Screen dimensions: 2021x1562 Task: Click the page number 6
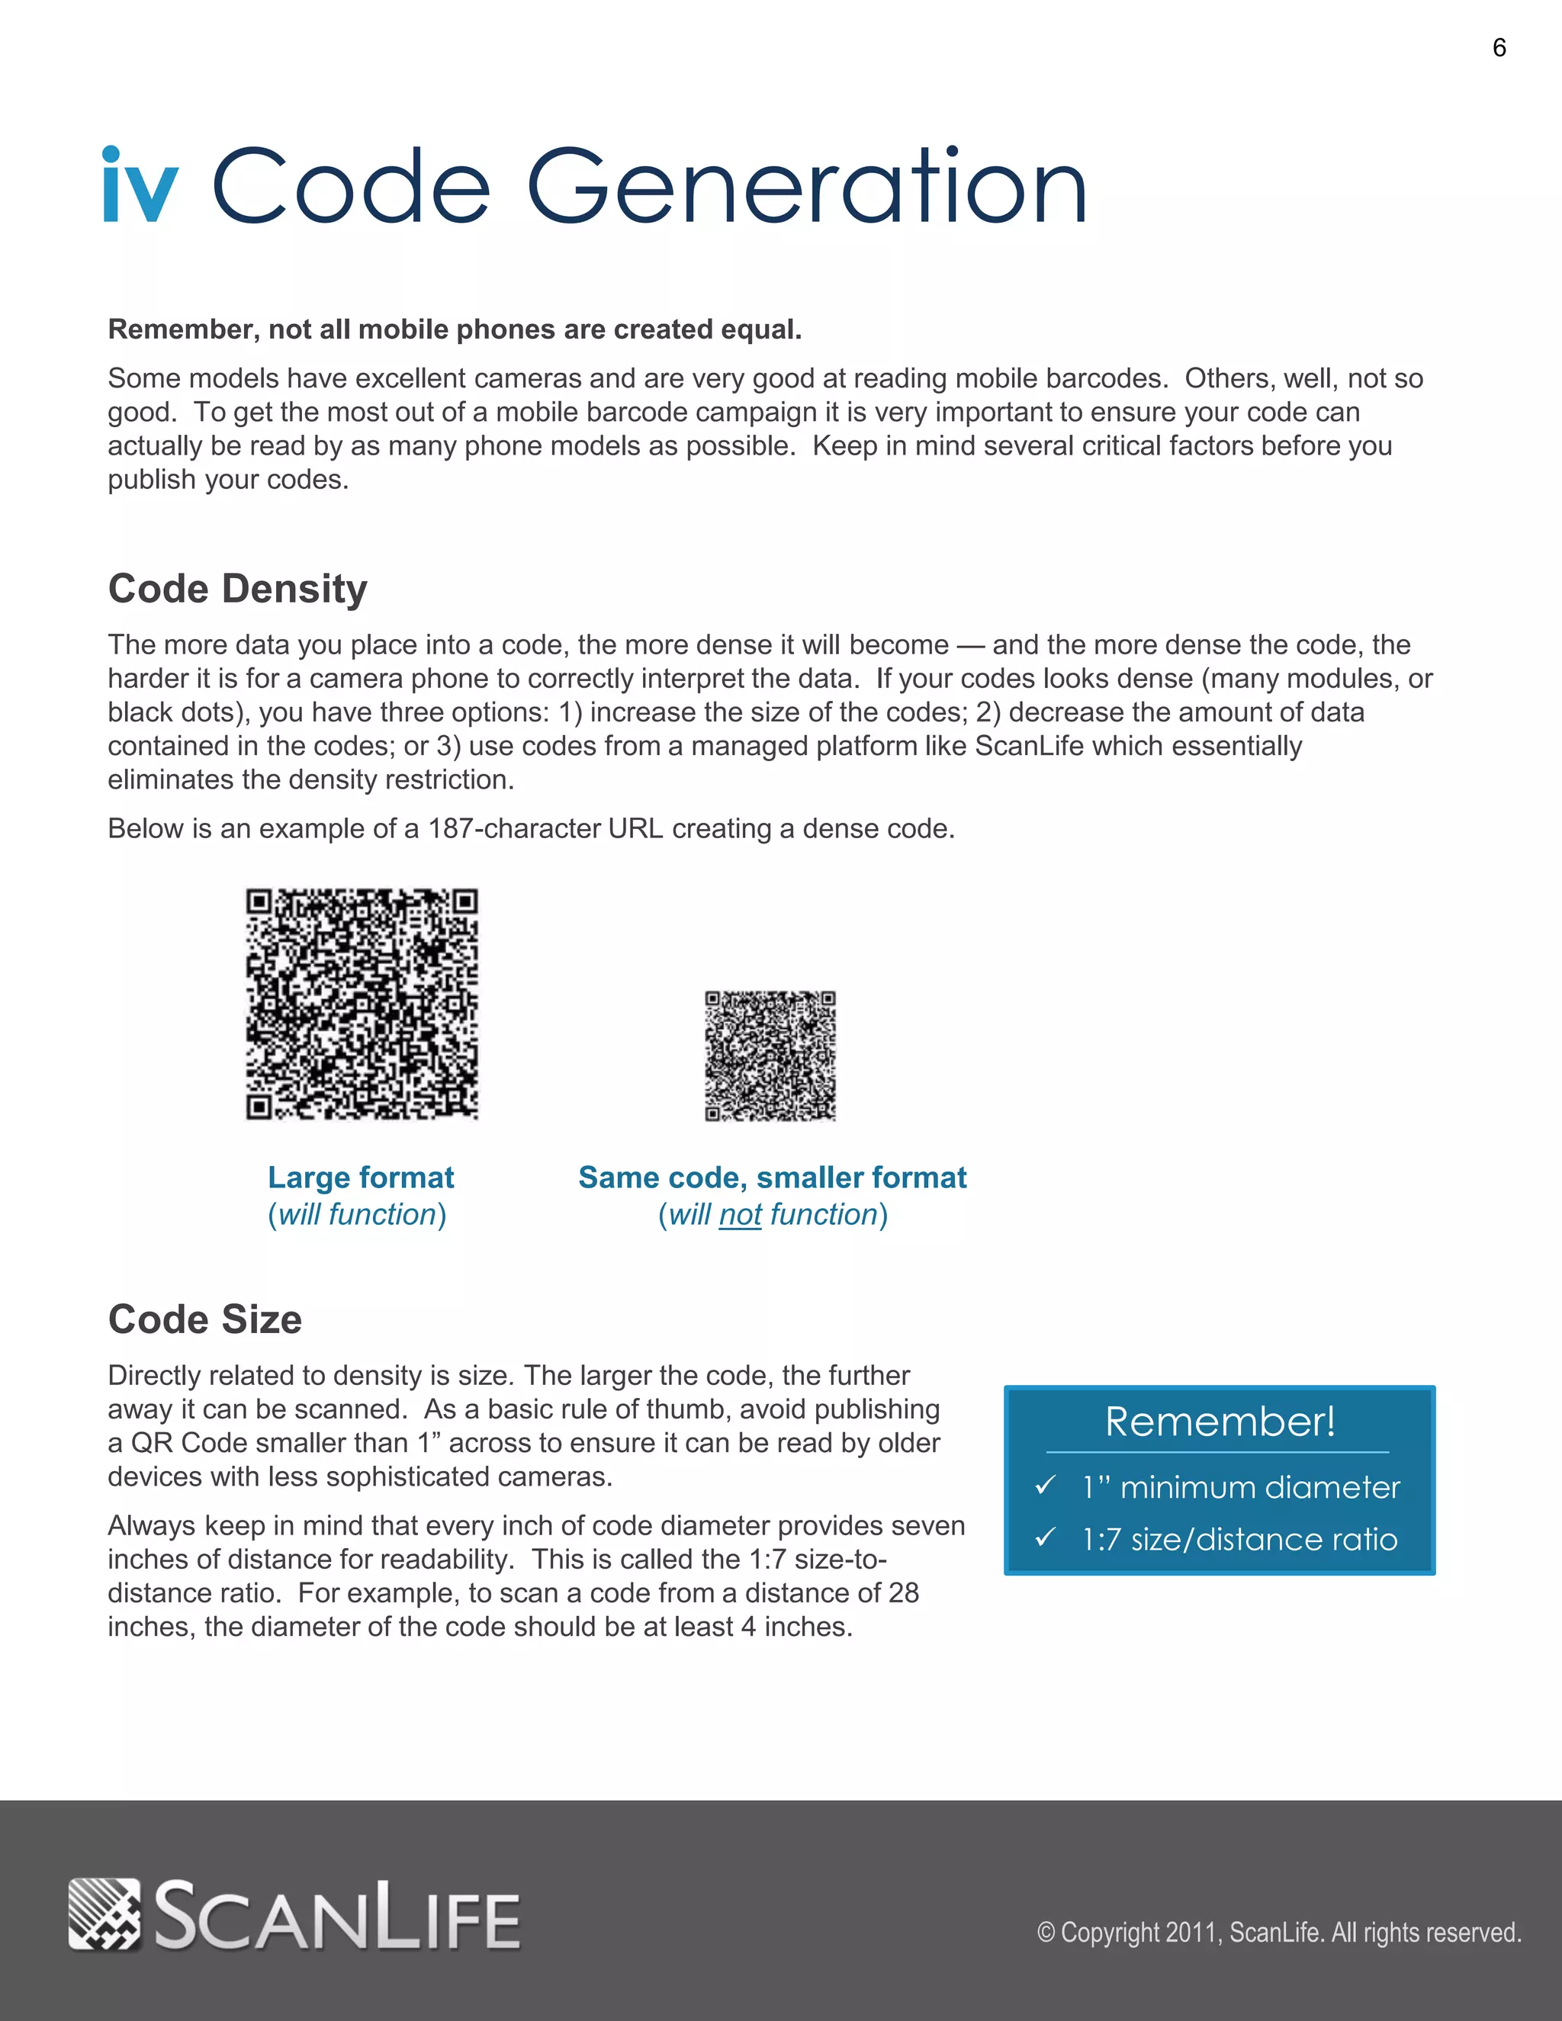1499,48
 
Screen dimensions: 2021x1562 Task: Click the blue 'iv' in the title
140,186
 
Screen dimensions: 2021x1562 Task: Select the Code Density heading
238,589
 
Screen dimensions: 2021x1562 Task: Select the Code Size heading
204,1319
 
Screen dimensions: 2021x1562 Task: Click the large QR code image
362,1004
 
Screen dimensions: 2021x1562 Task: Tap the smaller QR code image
770,1055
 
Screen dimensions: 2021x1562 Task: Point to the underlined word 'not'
741,1214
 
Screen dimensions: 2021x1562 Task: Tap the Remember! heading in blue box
1220,1422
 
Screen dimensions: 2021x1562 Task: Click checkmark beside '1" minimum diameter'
1046,1485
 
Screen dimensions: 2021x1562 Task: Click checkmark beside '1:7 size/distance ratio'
1046,1537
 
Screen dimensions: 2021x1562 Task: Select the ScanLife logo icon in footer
104,1913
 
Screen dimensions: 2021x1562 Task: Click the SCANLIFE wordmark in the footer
337,1916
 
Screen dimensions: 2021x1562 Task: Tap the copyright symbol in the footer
1046,1933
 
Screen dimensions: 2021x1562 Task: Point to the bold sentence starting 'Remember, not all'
455,329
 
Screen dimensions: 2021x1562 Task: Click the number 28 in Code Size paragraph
902,1592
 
